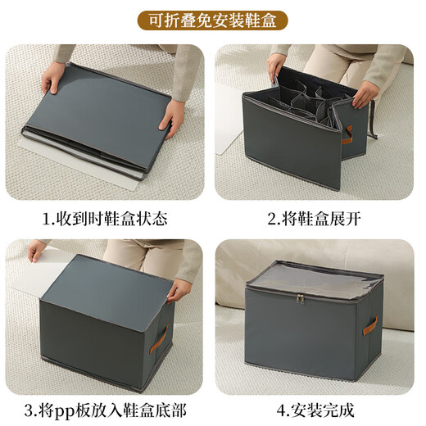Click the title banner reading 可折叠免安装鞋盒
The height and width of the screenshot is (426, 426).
213,20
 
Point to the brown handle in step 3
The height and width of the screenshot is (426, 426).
161,337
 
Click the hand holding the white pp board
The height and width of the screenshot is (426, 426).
37,251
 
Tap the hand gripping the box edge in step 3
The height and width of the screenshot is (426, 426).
179,289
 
